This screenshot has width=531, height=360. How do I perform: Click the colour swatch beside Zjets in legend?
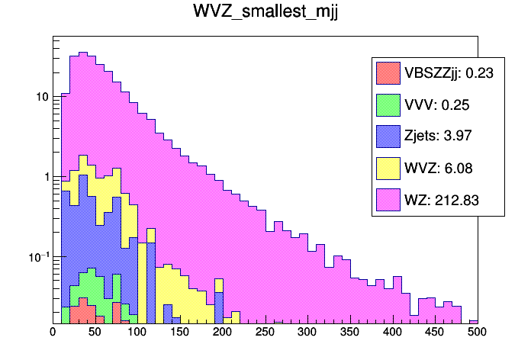click(x=388, y=137)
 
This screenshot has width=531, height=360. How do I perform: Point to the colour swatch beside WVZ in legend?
click(x=388, y=169)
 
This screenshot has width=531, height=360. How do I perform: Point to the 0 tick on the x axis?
click(x=53, y=332)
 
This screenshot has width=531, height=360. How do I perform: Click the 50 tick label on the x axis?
click(x=95, y=332)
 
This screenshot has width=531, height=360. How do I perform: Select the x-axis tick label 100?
click(x=137, y=332)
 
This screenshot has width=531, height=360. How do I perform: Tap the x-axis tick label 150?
click(x=180, y=332)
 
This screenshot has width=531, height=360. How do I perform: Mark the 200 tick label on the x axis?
click(x=223, y=332)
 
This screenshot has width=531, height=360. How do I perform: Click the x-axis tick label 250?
click(x=265, y=332)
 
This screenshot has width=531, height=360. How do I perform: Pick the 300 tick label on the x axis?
click(x=307, y=332)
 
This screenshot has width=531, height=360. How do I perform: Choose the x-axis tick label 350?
click(x=350, y=332)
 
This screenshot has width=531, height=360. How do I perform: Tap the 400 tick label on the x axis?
click(x=392, y=332)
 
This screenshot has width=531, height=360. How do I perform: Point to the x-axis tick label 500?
click(x=477, y=332)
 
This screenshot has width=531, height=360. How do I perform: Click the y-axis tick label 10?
click(x=43, y=97)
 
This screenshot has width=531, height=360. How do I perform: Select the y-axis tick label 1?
click(x=46, y=177)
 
